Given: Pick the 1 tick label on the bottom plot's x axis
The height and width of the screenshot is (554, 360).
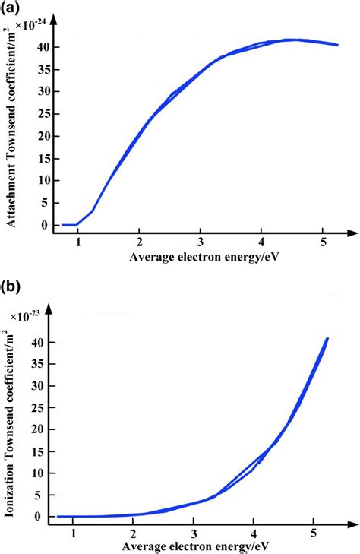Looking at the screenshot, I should pyautogui.click(x=74, y=533).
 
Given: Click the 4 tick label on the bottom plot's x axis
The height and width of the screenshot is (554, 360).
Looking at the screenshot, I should pyautogui.click(x=254, y=533).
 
